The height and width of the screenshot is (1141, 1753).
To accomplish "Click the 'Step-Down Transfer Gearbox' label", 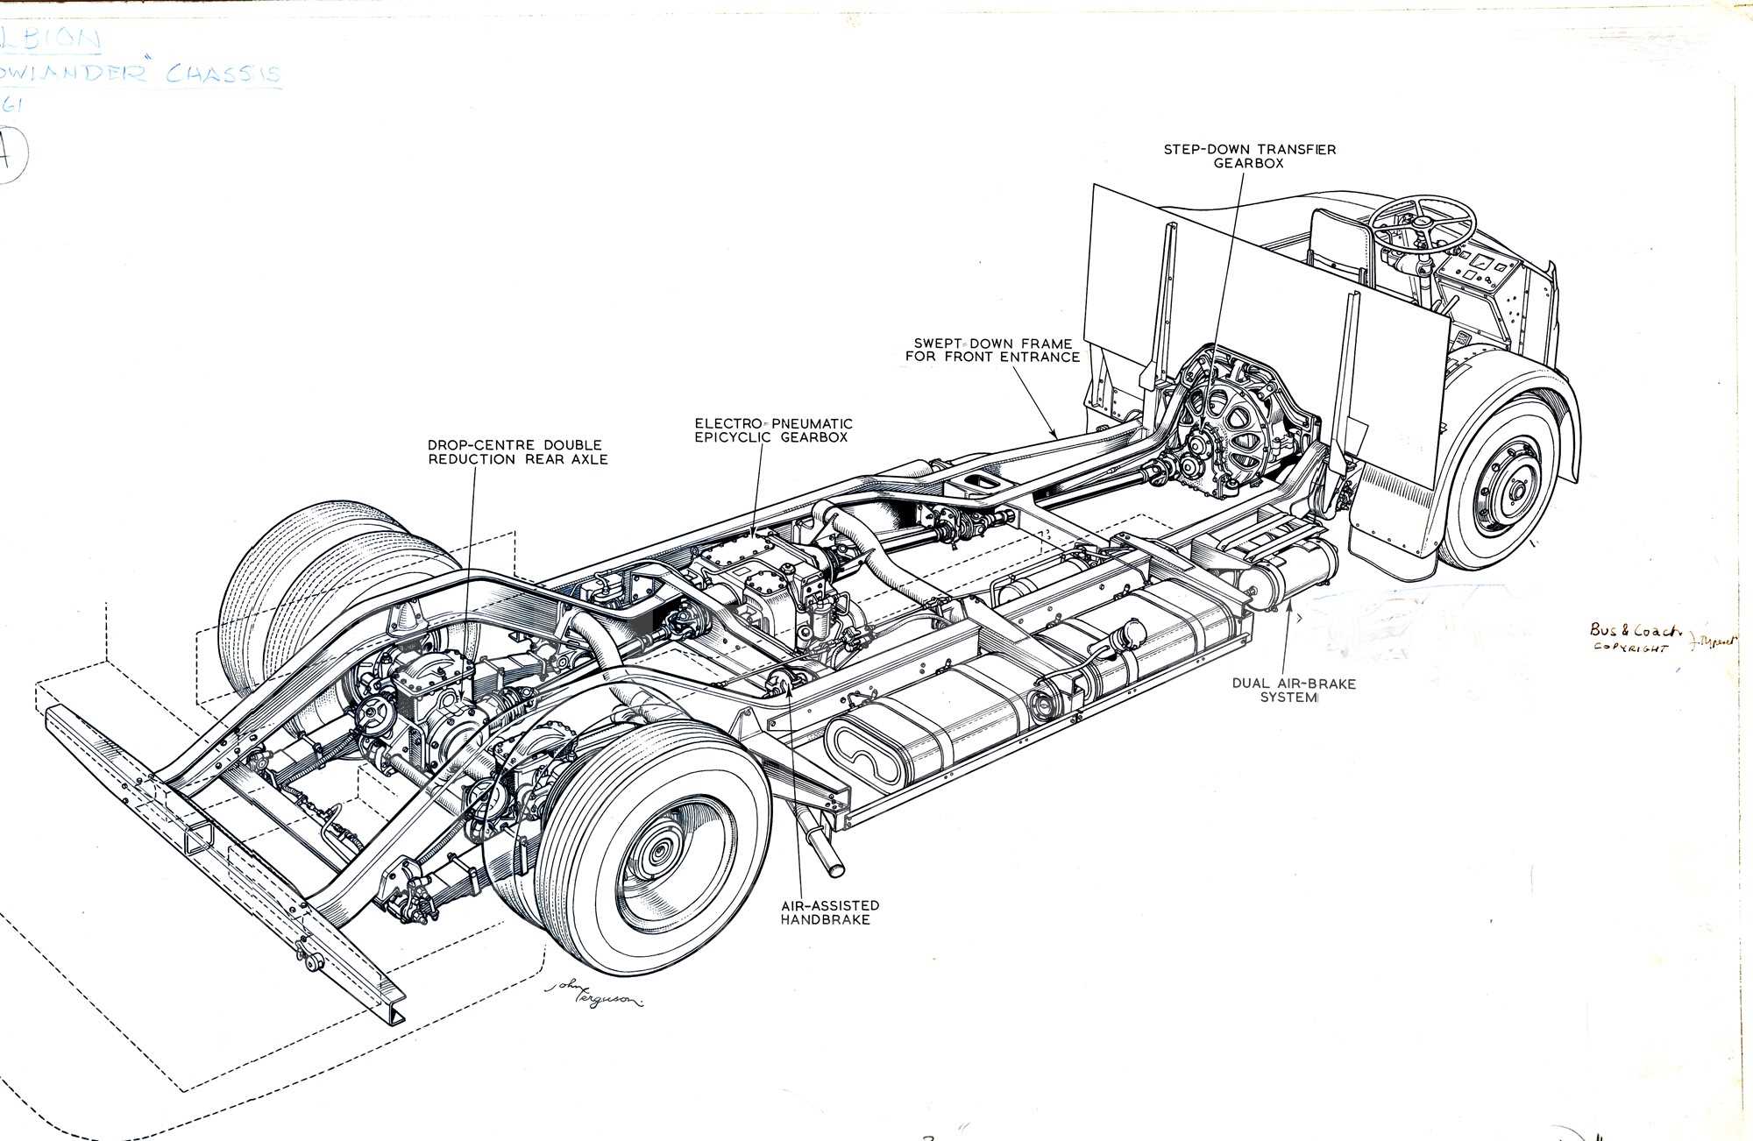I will tap(1249, 156).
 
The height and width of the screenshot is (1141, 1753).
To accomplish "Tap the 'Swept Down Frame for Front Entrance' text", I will tap(992, 350).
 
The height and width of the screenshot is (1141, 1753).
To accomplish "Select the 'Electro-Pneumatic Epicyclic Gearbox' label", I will tap(773, 430).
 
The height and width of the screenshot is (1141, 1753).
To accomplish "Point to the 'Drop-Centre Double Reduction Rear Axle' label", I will tap(517, 451).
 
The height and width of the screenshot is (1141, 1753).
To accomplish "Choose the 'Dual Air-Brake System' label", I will tap(1293, 690).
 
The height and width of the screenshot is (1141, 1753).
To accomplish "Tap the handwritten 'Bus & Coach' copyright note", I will tap(1635, 637).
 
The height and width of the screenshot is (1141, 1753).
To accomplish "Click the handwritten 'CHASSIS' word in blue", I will tap(224, 74).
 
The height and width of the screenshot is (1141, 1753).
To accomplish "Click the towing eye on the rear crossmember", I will tap(311, 962).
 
